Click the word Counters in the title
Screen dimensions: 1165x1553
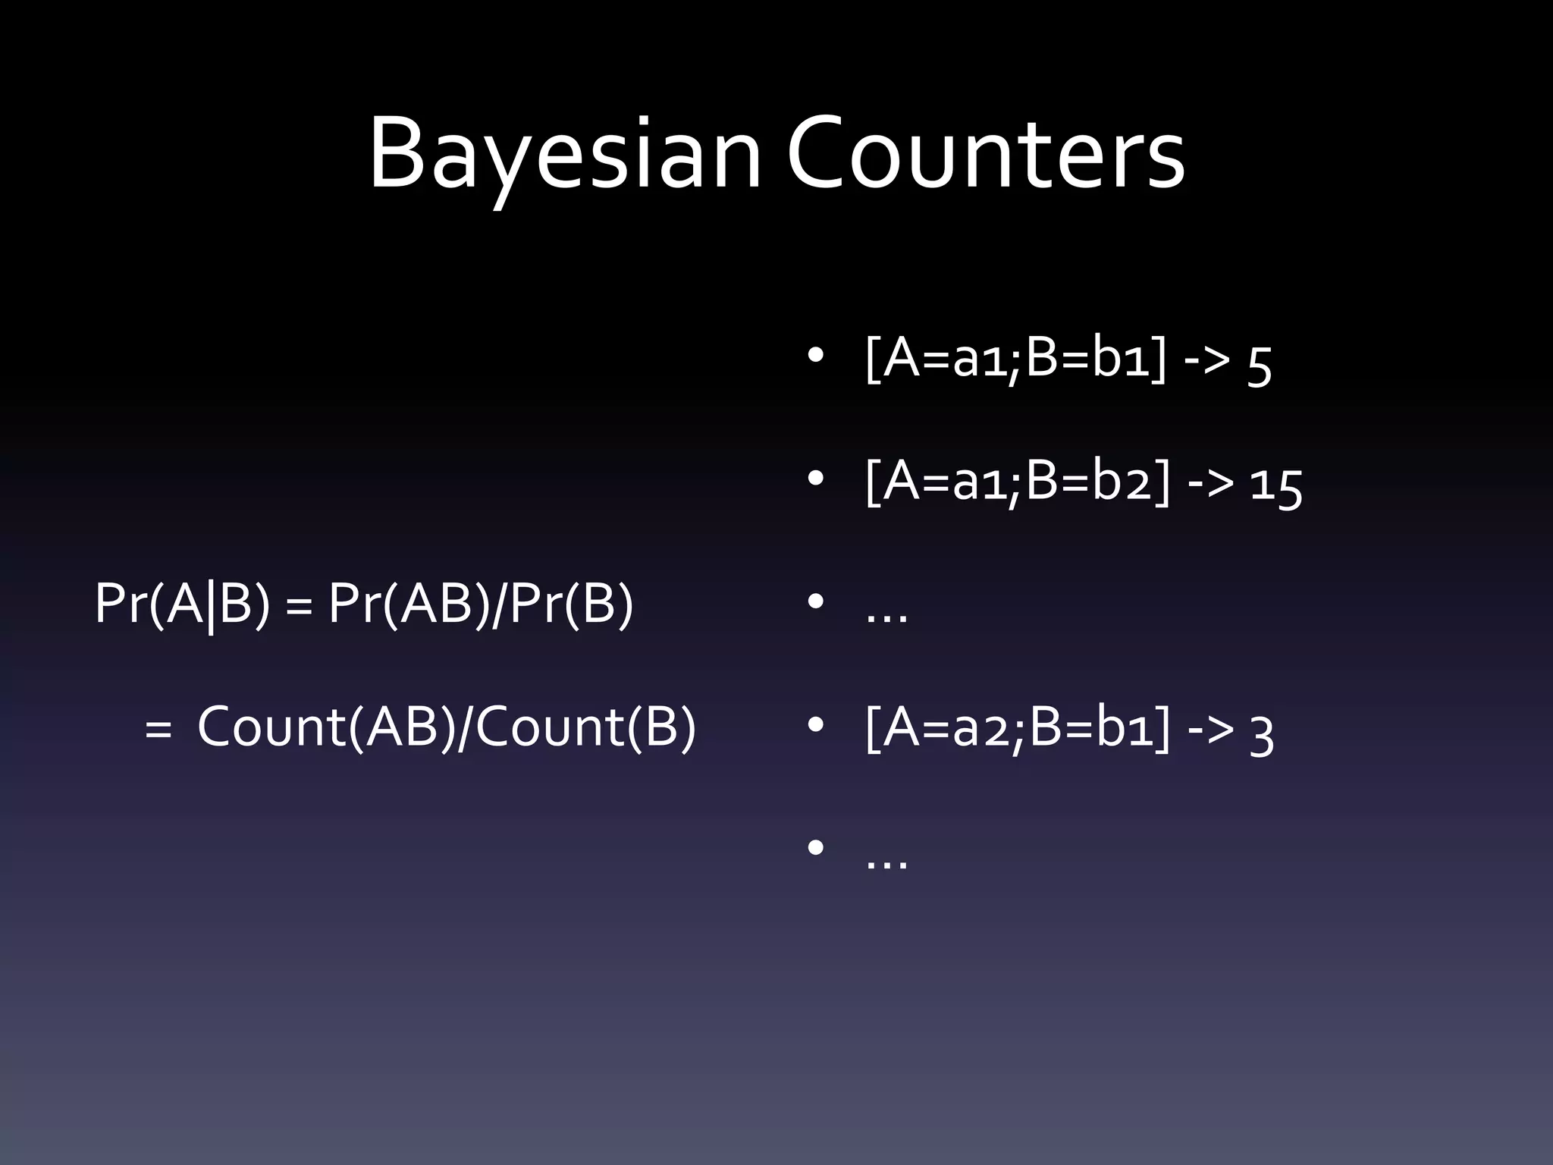(x=986, y=154)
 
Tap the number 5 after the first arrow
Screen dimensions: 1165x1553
(x=1259, y=365)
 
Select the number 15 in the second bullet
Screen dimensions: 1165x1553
(x=1276, y=486)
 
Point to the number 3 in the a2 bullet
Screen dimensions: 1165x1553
(x=1261, y=733)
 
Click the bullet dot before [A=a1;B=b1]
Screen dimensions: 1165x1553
(x=815, y=356)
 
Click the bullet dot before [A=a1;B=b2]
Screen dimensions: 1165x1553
(x=815, y=479)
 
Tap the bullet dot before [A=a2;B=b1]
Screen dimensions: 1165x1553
(x=815, y=726)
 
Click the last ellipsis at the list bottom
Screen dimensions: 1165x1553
(x=886, y=862)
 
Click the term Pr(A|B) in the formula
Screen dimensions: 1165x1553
(x=182, y=604)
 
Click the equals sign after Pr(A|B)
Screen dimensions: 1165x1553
(x=300, y=608)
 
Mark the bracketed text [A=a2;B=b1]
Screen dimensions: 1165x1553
(x=1016, y=727)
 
